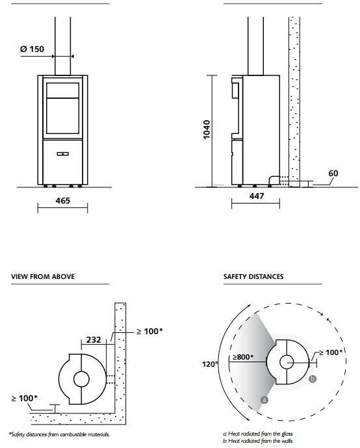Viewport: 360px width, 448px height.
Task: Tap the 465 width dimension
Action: coord(62,201)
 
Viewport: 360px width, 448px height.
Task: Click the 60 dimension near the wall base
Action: coord(333,174)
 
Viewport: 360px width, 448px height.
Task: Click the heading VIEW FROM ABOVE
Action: coord(42,276)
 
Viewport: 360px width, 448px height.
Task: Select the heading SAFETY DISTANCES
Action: coord(253,276)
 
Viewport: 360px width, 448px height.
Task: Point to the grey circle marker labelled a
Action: coord(264,399)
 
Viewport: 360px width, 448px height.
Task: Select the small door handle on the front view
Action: coord(62,154)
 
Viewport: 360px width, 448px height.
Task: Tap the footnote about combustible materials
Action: coord(59,434)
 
